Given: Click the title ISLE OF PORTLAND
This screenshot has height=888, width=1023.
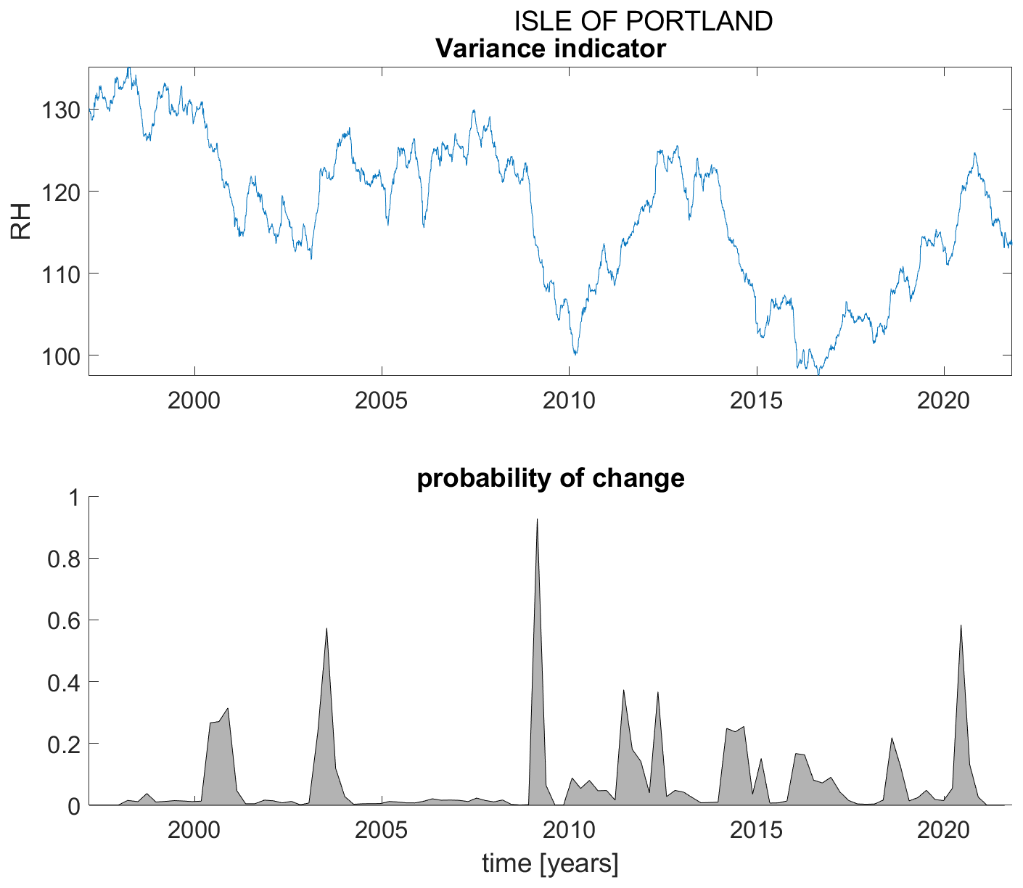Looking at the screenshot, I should point(643,22).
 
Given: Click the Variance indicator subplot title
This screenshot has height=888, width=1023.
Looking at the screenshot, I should point(550,49).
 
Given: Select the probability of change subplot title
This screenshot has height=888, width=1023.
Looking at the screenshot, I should point(550,479).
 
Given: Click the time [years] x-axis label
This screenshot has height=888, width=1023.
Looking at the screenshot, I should point(550,864).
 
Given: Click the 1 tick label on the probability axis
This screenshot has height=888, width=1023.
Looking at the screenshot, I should point(73,498).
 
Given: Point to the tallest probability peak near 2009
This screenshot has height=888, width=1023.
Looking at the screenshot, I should point(537,519).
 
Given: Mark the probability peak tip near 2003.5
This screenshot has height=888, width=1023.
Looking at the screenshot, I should point(327,628).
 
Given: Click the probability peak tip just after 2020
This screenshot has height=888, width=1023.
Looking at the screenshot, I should point(961,625).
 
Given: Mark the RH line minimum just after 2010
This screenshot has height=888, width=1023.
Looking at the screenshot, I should point(575,354).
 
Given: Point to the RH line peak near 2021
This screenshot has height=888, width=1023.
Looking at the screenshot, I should point(974,153).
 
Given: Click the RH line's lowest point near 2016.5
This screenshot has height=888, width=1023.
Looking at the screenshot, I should point(818,374).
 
